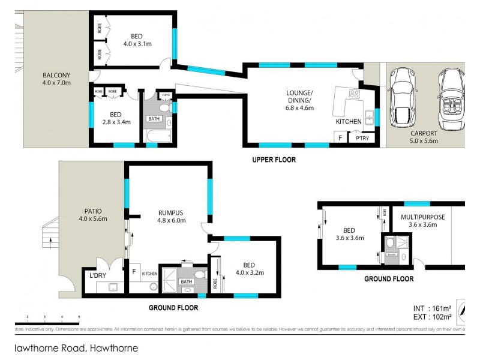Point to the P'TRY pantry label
coord(362,138)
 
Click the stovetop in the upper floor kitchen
coord(353,94)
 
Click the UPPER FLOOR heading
coord(274,160)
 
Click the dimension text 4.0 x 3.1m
coord(137,43)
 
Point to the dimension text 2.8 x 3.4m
coord(116,122)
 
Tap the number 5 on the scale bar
coord(79,316)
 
